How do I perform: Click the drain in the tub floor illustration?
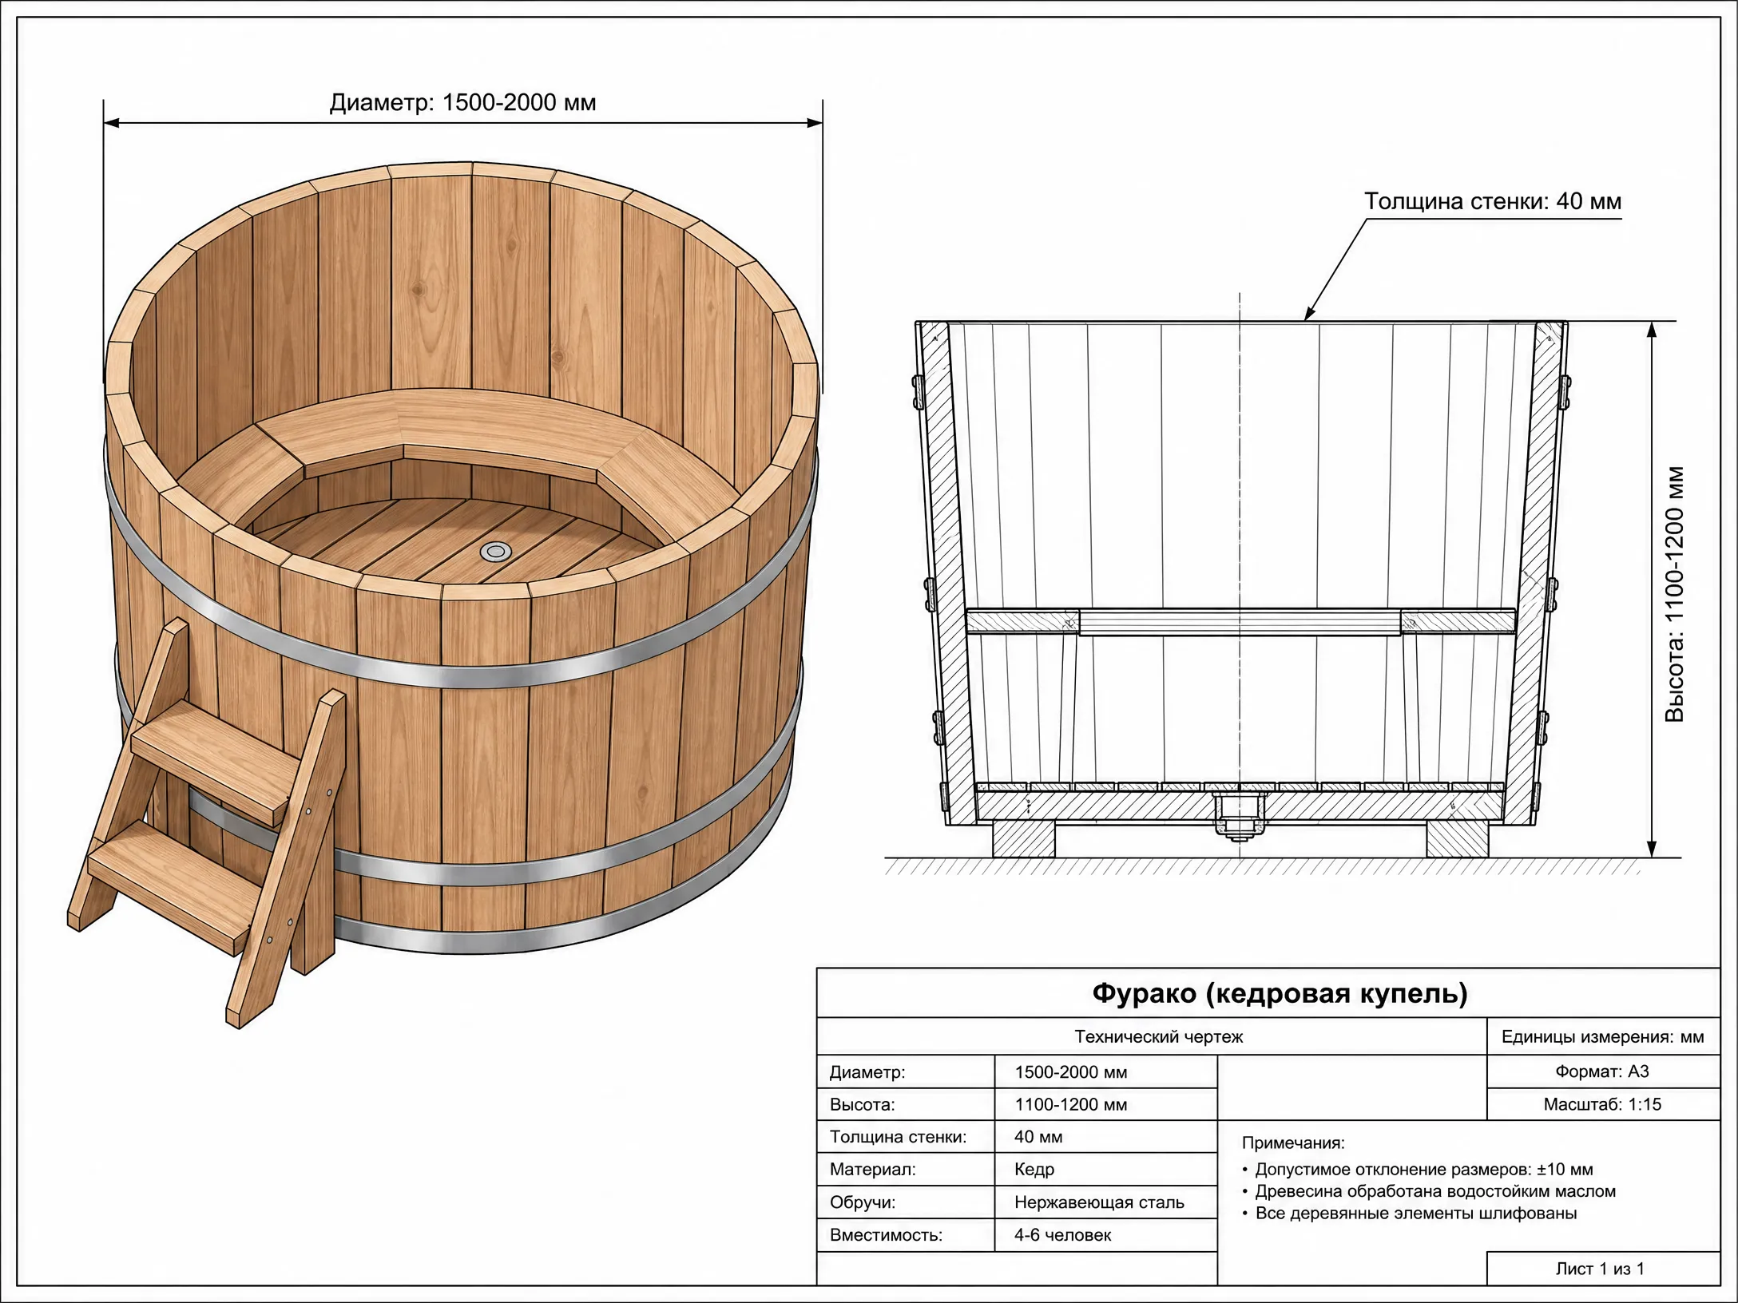[496, 551]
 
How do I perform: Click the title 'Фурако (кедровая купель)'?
[1280, 993]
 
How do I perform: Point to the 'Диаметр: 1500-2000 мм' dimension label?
[463, 103]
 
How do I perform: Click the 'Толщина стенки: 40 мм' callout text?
[1493, 201]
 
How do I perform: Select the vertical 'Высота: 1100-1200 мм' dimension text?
[1675, 594]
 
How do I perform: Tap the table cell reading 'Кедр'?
[1034, 1170]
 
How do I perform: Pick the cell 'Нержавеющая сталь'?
[1099, 1202]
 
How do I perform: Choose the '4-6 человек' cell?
[1062, 1235]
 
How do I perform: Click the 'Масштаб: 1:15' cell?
[1602, 1104]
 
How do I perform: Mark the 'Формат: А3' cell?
[1602, 1071]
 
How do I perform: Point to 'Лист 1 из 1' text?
[1600, 1269]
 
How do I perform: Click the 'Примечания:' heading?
[1293, 1143]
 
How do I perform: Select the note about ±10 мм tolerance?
[1418, 1170]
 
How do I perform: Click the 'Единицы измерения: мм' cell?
[1602, 1037]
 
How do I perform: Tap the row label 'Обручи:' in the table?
[863, 1202]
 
